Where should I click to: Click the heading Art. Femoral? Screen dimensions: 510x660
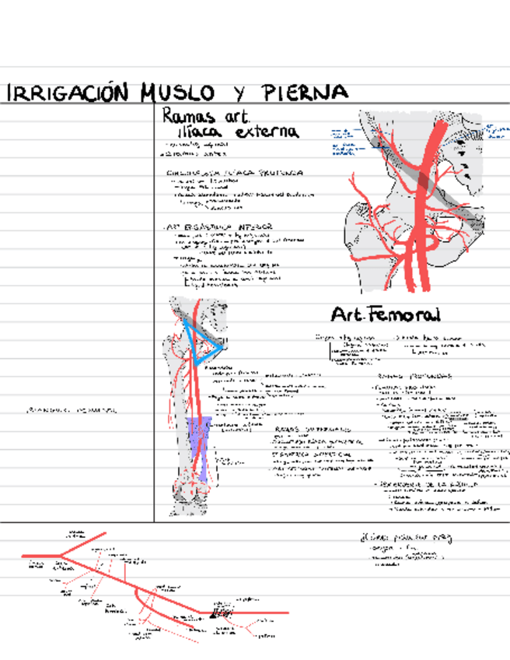[385, 315]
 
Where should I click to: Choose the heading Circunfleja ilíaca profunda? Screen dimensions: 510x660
[233, 173]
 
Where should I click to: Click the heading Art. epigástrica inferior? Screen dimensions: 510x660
[218, 226]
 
